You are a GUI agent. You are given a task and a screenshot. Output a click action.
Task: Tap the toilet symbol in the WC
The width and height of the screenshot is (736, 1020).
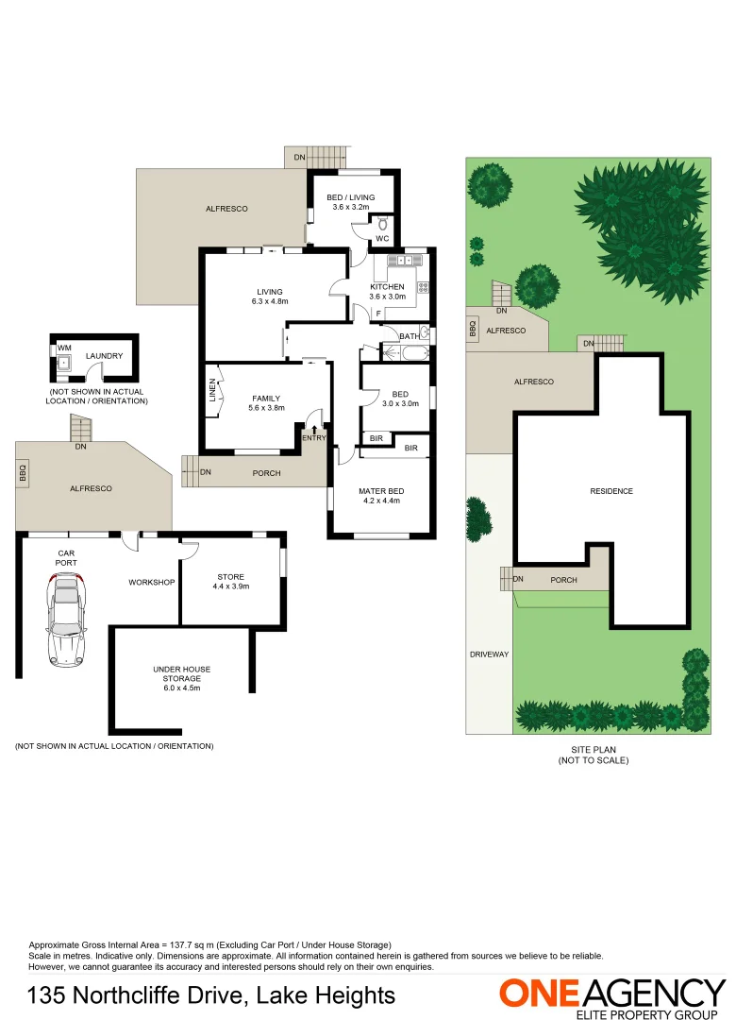click(382, 225)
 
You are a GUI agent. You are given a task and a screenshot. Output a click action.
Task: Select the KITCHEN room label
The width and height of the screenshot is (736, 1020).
click(387, 287)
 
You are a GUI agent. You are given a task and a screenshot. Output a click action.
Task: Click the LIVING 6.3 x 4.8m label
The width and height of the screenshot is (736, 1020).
click(269, 297)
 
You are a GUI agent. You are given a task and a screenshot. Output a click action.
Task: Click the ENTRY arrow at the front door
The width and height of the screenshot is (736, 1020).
click(314, 431)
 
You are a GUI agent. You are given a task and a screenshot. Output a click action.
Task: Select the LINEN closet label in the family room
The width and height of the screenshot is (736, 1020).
click(213, 391)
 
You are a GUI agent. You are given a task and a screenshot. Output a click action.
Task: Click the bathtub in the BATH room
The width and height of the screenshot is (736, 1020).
click(411, 354)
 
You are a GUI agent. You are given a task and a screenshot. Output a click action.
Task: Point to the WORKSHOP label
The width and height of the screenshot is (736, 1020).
click(152, 582)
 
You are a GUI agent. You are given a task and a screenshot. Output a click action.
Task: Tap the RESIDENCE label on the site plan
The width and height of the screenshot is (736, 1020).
click(611, 491)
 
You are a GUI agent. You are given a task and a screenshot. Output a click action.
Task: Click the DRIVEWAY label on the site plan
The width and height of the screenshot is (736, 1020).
click(489, 654)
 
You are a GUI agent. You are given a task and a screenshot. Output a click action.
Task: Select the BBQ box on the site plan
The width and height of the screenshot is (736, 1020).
click(472, 328)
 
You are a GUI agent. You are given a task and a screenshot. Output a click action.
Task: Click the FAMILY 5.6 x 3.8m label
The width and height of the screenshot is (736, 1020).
click(266, 403)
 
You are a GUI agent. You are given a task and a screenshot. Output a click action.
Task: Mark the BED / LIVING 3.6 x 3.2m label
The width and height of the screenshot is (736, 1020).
click(351, 202)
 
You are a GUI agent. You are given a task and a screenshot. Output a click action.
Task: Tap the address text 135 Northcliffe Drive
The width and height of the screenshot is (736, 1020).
click(211, 995)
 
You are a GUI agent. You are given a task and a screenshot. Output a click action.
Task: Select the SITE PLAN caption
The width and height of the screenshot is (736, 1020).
click(593, 755)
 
